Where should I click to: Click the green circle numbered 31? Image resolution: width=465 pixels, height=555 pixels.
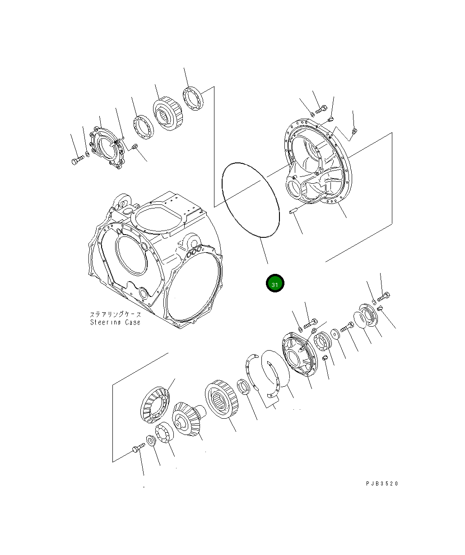click(274, 283)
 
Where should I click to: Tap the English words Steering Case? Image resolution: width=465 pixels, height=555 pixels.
click(115, 322)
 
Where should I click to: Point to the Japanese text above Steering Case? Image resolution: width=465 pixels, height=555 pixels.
click(115, 314)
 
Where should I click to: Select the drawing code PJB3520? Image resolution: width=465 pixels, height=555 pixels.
click(382, 484)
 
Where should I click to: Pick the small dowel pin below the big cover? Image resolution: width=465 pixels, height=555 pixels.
click(293, 210)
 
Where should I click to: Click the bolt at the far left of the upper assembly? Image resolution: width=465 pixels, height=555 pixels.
click(77, 160)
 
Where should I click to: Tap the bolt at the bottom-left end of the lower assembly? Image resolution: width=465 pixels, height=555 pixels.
click(137, 448)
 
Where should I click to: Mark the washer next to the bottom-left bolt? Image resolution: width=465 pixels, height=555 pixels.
click(152, 441)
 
